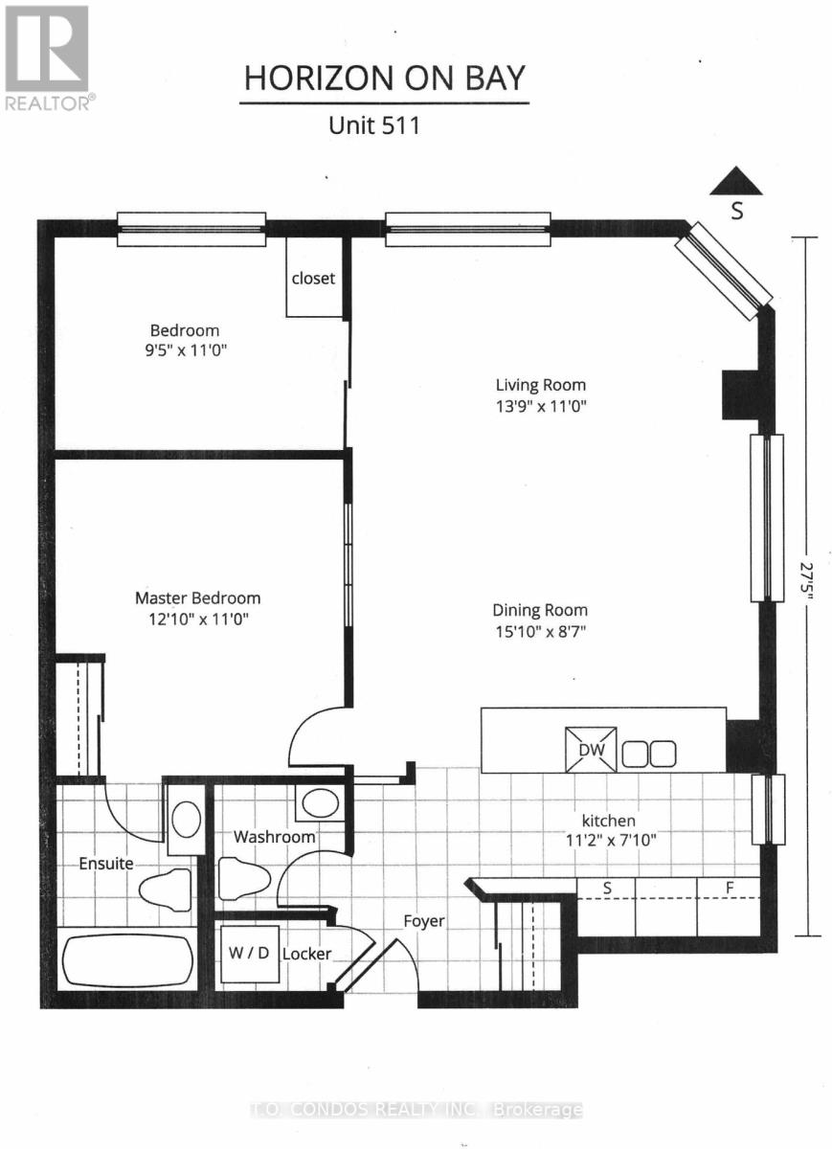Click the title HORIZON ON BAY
[384, 79]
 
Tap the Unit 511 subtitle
[373, 125]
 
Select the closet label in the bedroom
[314, 278]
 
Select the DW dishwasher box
[591, 750]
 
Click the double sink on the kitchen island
[648, 754]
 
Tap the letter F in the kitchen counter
[729, 888]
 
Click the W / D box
[250, 954]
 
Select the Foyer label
[423, 921]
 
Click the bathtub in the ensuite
[126, 960]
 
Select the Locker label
[307, 954]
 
